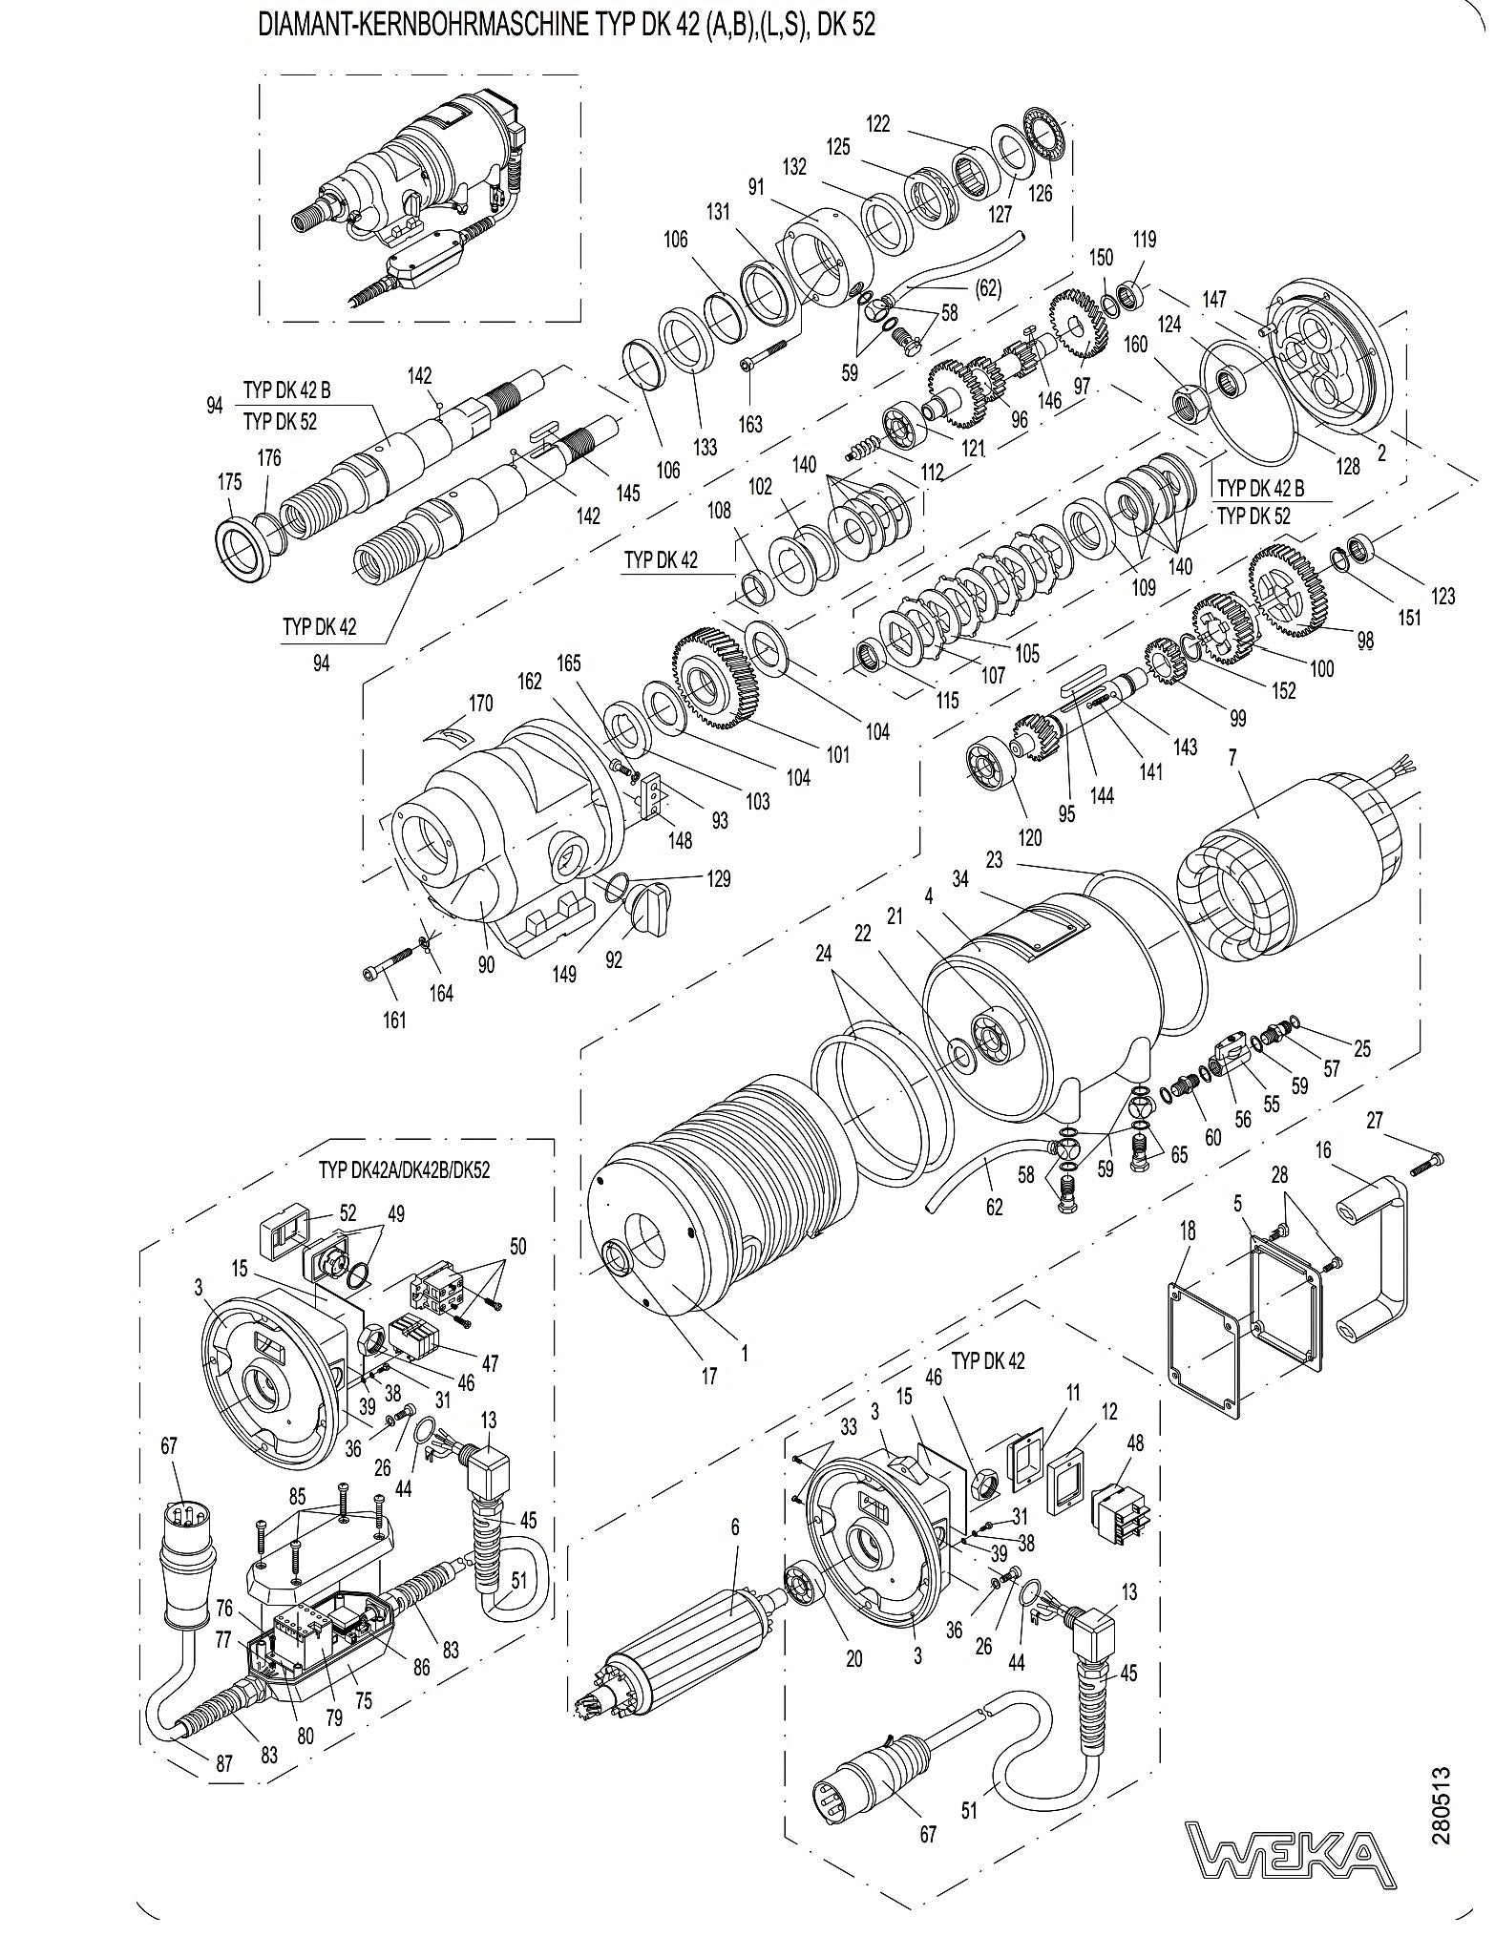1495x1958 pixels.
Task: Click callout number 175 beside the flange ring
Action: click(x=230, y=483)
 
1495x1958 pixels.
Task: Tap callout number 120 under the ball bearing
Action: click(x=1030, y=838)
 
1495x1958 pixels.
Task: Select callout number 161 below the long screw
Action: click(x=394, y=1020)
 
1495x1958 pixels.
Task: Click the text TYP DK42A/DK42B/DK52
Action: click(x=404, y=1170)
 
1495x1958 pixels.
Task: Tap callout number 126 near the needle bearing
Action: click(x=1041, y=193)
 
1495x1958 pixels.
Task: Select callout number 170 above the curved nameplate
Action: click(x=480, y=704)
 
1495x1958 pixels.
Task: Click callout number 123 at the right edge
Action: click(x=1442, y=596)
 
